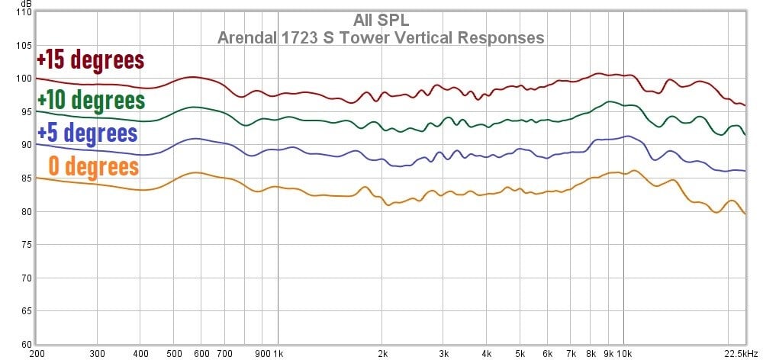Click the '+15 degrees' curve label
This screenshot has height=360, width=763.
pos(90,59)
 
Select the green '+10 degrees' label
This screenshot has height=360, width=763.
pos(91,100)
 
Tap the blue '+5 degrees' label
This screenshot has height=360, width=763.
pos(87,133)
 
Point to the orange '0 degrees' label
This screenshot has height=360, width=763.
pos(93,166)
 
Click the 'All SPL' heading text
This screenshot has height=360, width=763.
pos(381,21)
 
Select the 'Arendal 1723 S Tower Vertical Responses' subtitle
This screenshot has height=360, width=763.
pos(381,37)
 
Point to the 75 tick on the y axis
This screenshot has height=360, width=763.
pos(25,245)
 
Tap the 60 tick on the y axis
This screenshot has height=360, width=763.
pos(25,345)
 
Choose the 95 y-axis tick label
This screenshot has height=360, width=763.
pos(25,112)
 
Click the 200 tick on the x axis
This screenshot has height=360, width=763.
pos(36,354)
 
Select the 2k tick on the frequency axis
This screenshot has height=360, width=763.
pos(382,354)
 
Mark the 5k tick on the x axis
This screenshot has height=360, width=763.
pos(520,354)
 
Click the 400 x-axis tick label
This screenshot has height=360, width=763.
pos(140,354)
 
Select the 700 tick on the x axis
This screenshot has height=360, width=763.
pos(224,354)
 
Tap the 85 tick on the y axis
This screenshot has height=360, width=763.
pos(25,178)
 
